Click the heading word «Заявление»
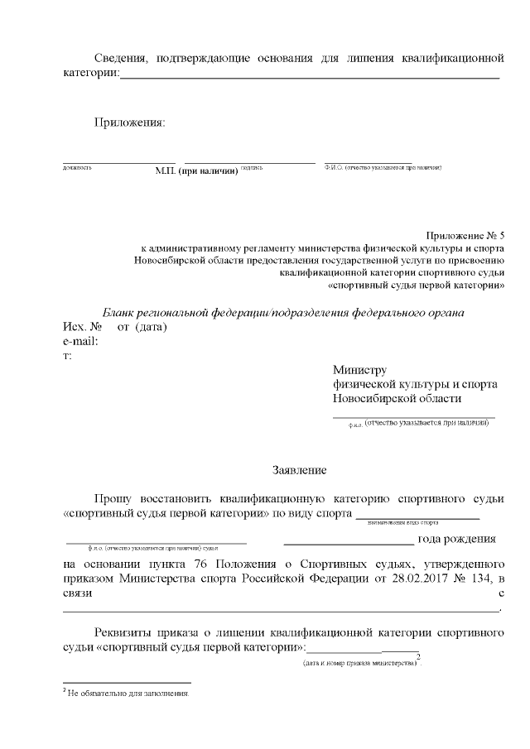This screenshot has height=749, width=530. pos(300,470)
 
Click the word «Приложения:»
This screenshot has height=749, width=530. pos(128,123)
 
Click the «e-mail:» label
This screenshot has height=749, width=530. pos(81,341)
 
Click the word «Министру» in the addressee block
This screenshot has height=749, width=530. pos(359,370)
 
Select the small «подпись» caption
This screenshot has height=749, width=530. pos(252,168)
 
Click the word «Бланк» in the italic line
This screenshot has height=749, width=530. pos(118,313)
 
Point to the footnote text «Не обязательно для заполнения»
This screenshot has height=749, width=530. pos(128,694)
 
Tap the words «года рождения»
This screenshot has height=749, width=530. pos(457,540)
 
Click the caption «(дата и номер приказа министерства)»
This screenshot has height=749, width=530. pos(359,664)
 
